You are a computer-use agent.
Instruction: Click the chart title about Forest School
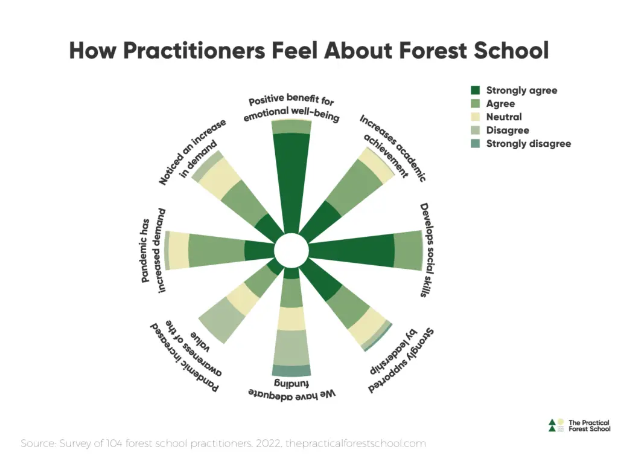pyautogui.click(x=309, y=50)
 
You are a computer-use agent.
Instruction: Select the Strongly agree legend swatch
pyautogui.click(x=476, y=90)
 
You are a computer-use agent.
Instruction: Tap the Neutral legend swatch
pyautogui.click(x=476, y=117)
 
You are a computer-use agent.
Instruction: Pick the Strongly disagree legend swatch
pyautogui.click(x=476, y=143)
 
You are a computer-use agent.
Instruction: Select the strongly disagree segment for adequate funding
pyautogui.click(x=292, y=370)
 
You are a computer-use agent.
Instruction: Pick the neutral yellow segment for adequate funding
pyautogui.click(x=292, y=318)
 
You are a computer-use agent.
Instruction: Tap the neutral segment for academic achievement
pyautogui.click(x=375, y=165)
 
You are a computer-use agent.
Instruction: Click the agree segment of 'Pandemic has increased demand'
pyautogui.click(x=216, y=250)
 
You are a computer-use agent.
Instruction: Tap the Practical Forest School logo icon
pyautogui.click(x=556, y=425)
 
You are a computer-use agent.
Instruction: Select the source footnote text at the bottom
pyautogui.click(x=223, y=443)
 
